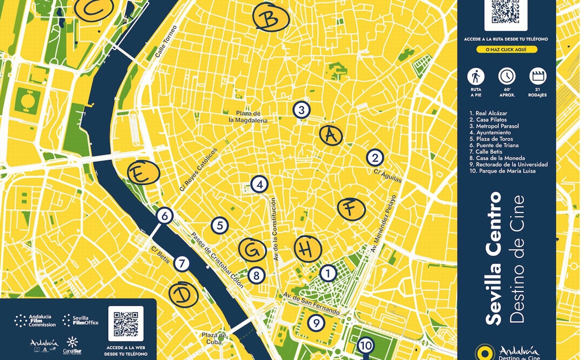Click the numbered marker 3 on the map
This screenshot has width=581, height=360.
[301, 110]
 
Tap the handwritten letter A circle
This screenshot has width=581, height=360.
[331, 135]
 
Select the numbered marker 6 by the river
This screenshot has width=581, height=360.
[164, 216]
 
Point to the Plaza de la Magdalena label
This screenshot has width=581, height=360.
[248, 117]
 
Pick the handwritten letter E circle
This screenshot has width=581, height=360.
[143, 172]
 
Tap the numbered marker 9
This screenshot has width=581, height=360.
[316, 322]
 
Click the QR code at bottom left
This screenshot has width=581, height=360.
[126, 323]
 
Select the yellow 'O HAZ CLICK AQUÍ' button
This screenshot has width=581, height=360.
[507, 50]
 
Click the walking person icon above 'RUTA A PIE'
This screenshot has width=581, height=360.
[476, 76]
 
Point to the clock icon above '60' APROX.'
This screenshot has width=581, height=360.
[507, 76]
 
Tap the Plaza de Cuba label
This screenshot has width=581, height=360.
[214, 338]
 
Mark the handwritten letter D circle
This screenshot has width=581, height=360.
[183, 295]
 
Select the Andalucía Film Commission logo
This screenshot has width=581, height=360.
[35, 321]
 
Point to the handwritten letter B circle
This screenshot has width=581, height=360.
[270, 18]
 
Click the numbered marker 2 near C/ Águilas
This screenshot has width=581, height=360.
[374, 157]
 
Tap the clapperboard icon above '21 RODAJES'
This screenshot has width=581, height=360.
[537, 76]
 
